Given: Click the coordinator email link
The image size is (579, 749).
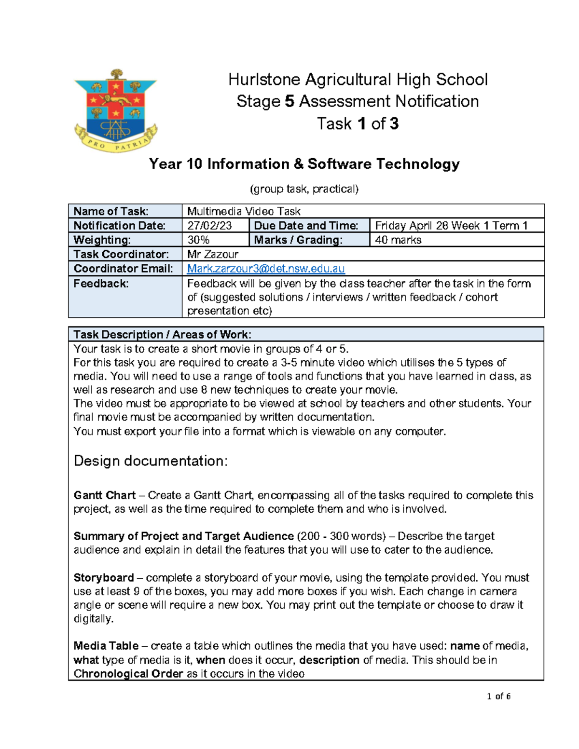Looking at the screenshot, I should (x=266, y=269).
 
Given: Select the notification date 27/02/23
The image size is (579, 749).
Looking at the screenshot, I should (x=209, y=226).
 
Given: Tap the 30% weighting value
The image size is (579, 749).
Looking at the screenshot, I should (x=198, y=240).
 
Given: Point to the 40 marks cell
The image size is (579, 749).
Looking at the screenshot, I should (x=398, y=240).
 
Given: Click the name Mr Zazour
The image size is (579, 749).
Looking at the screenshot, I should (x=213, y=254).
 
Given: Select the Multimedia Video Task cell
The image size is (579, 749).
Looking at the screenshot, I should (x=244, y=211).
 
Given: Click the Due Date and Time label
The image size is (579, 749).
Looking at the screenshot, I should (x=306, y=226).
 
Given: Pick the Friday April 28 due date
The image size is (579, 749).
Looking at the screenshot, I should (x=451, y=226).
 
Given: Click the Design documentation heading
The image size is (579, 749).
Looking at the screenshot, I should (x=151, y=461).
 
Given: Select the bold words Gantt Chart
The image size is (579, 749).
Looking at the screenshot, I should (x=105, y=495).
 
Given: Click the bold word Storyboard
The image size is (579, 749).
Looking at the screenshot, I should (x=104, y=578).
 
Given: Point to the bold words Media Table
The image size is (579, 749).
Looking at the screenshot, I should (x=106, y=646).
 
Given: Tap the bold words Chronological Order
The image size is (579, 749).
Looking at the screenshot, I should (x=128, y=674).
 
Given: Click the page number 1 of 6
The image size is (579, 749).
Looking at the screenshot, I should (x=499, y=696).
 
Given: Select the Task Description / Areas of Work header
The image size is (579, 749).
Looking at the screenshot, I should (x=162, y=335).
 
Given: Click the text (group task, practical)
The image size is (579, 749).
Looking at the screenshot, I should (x=304, y=189).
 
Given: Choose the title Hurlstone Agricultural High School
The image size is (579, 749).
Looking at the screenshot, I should (x=358, y=80).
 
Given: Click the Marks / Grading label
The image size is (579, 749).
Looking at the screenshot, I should (x=298, y=240).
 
